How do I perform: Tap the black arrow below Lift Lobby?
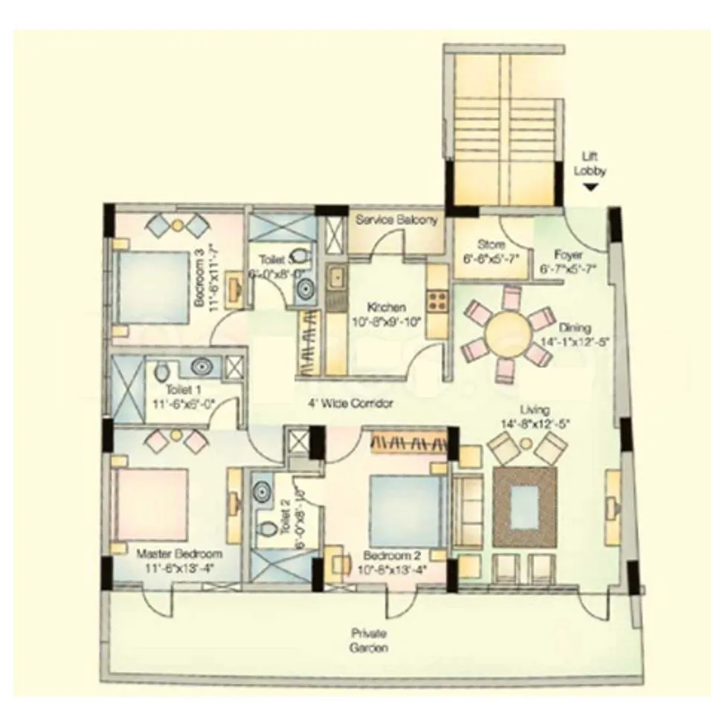point(590,189)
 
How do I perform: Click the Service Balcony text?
point(396,220)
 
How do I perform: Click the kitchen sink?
point(336,279)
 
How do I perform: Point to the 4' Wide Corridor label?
point(350,404)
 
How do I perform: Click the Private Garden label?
point(370,640)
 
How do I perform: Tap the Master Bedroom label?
point(179,554)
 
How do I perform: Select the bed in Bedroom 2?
point(402,512)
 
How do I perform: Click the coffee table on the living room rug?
point(527,507)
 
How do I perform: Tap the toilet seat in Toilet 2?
point(265,528)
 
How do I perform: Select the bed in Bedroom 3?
point(152,286)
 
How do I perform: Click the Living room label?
point(535,410)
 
